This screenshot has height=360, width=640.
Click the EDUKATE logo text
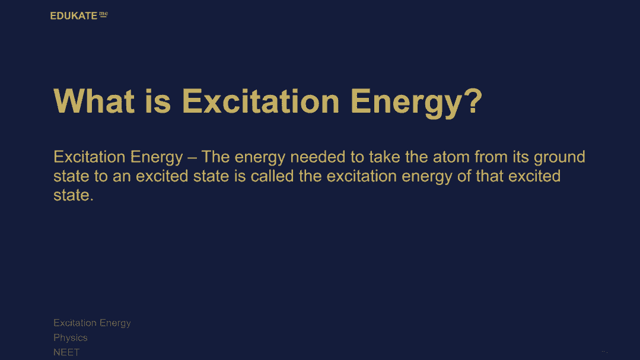click(74, 16)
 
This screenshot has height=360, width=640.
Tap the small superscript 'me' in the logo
click(104, 14)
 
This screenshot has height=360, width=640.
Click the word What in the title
click(94, 101)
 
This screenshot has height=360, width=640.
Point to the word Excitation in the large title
click(260, 101)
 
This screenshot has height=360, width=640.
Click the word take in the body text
click(384, 157)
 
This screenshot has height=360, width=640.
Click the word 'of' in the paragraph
click(464, 176)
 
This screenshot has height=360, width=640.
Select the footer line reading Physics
click(70, 338)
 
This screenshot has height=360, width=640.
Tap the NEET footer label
click(66, 352)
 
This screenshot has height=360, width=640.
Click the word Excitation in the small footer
click(75, 323)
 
